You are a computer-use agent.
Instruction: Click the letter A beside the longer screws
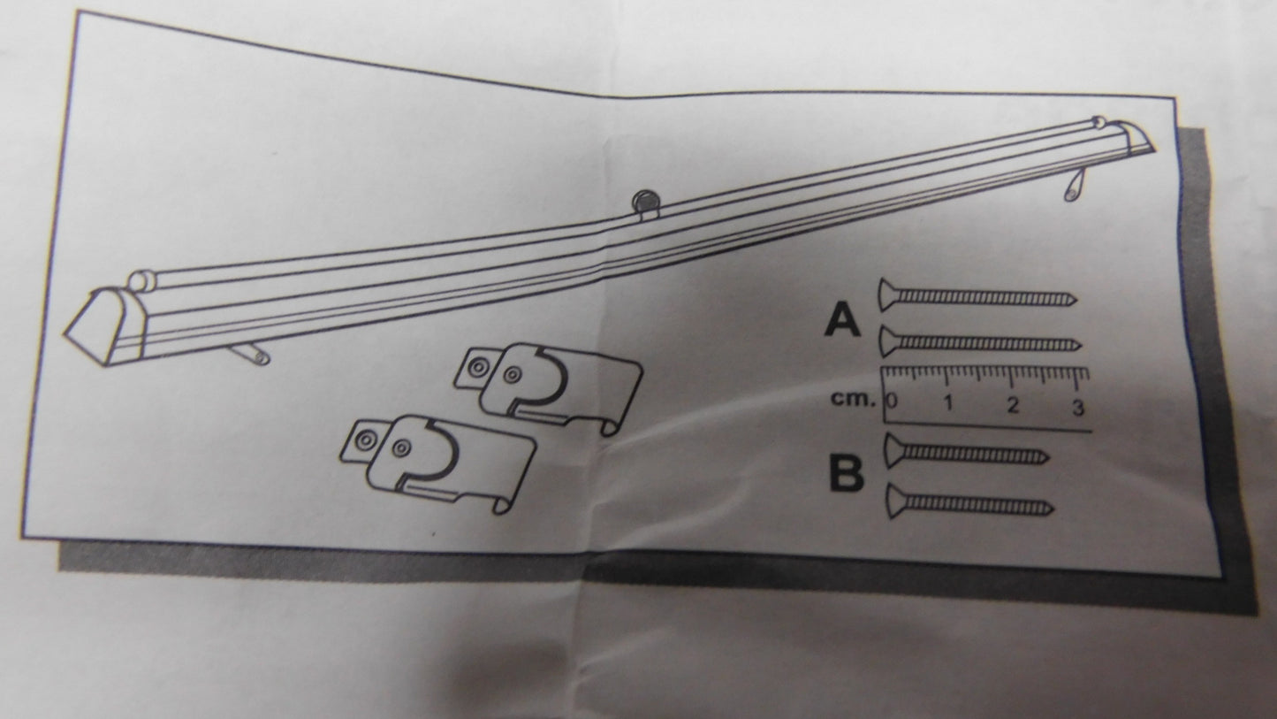point(842,320)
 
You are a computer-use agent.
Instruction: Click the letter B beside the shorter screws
point(846,474)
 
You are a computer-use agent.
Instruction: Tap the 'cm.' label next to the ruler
point(852,399)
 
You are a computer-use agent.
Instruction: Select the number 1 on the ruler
point(948,404)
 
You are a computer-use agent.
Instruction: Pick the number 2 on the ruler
point(1013,406)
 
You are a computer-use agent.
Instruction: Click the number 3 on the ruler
point(1077,407)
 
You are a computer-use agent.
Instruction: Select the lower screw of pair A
point(979,341)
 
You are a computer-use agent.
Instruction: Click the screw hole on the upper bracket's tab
point(476,364)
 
